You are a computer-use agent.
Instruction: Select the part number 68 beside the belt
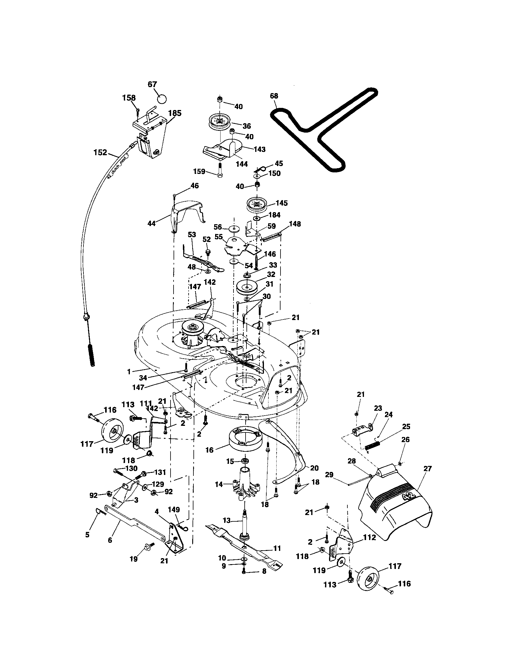[x=274, y=96]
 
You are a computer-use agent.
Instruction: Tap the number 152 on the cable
[x=100, y=152]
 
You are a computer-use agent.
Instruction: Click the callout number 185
[x=175, y=113]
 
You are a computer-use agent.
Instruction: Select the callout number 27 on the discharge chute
[x=427, y=469]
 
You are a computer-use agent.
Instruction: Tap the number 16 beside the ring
[x=209, y=450]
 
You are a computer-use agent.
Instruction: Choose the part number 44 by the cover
[x=152, y=223]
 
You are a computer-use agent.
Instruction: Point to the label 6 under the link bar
[x=110, y=540]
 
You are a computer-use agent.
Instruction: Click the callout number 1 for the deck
[x=129, y=371]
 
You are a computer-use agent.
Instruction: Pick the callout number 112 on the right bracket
[x=369, y=538]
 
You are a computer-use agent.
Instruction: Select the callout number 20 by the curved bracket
[x=314, y=468]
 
